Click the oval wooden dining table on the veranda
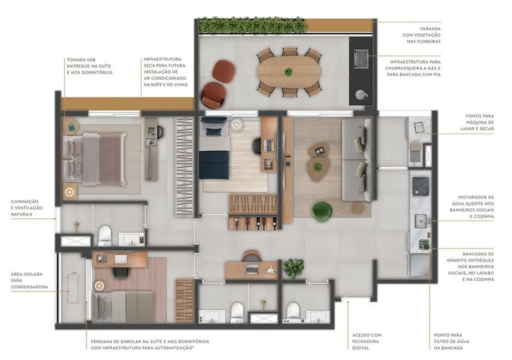click(x=288, y=72)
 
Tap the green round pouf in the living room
click(x=321, y=211)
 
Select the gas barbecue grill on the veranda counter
click(x=361, y=56)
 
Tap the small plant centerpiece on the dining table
click(x=288, y=71)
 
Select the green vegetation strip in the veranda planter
click(x=252, y=25)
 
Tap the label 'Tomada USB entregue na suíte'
click(x=89, y=66)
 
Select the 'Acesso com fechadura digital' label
click(x=367, y=341)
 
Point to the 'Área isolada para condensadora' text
click(x=29, y=280)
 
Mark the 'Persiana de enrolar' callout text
click(x=150, y=344)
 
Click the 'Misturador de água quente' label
click(x=475, y=207)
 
